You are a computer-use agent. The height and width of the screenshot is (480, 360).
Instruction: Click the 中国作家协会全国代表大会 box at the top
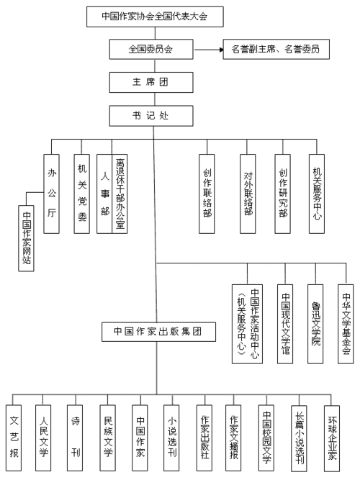click(x=155, y=17)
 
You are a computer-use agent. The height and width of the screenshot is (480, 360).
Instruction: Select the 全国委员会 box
click(x=151, y=49)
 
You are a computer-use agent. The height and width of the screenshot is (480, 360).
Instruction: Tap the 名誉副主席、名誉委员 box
click(x=276, y=49)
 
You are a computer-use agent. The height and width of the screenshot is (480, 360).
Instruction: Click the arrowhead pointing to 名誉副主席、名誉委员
click(x=221, y=49)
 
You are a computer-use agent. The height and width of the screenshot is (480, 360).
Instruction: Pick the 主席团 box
click(x=151, y=82)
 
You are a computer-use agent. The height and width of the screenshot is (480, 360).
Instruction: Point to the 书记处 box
click(x=151, y=116)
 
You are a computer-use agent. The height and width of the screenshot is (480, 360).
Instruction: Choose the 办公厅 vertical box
click(x=51, y=194)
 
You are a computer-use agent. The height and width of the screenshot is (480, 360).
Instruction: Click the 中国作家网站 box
click(x=27, y=238)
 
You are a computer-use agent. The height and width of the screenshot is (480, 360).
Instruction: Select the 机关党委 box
click(x=82, y=194)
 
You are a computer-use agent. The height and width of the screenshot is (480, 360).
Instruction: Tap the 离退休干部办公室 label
click(x=120, y=194)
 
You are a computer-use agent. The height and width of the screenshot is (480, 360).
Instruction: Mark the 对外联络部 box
click(x=248, y=194)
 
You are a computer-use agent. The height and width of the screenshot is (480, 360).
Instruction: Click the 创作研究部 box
click(x=282, y=194)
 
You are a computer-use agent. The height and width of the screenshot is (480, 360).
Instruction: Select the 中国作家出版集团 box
click(x=158, y=332)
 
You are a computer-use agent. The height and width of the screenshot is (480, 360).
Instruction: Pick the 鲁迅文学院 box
click(x=315, y=324)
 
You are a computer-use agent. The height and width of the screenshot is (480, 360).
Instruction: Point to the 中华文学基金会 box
click(x=346, y=324)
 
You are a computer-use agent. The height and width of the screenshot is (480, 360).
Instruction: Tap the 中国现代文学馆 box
click(x=285, y=324)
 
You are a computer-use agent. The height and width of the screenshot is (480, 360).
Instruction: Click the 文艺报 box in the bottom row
click(x=14, y=438)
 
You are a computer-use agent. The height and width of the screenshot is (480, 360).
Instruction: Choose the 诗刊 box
click(x=75, y=438)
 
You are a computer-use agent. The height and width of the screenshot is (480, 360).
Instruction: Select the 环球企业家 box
click(x=332, y=438)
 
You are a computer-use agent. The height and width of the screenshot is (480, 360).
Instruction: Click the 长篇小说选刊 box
click(x=299, y=438)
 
